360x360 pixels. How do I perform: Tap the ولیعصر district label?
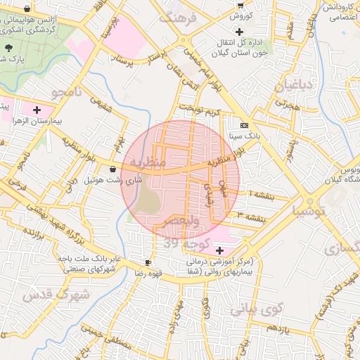click(182, 222)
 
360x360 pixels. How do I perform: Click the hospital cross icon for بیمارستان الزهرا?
click(37, 110)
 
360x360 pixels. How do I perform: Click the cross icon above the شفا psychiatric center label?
click(219, 250)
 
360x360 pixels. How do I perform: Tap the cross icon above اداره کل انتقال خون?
click(240, 32)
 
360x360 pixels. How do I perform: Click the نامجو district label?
click(67, 92)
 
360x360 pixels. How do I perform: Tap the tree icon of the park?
click(8, 48)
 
